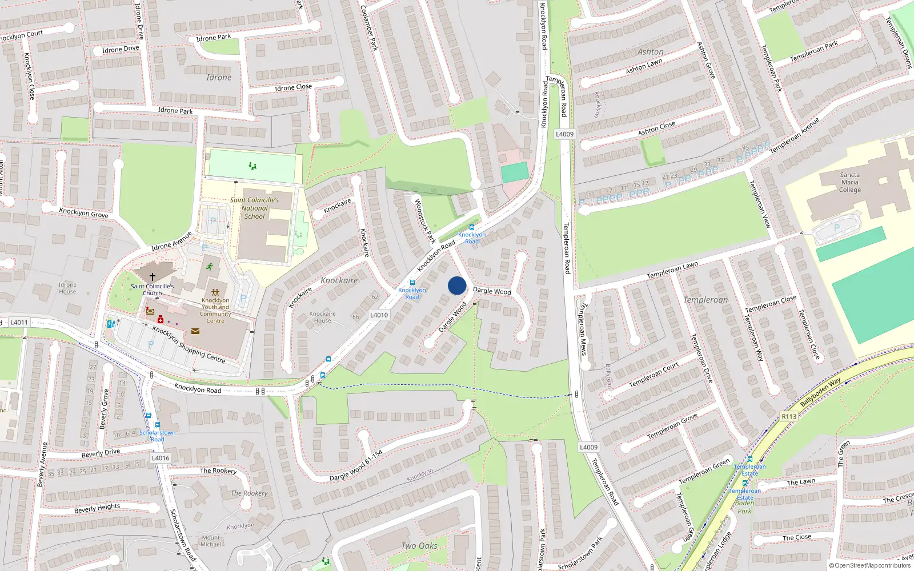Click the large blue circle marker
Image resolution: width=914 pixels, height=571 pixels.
457,285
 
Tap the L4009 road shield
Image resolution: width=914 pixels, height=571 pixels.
564,134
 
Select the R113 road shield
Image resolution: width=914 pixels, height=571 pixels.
789,416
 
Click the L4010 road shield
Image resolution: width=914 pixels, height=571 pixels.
379,315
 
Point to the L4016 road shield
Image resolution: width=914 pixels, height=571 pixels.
161,458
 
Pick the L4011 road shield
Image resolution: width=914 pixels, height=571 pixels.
19,323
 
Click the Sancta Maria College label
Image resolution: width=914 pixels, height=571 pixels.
849,183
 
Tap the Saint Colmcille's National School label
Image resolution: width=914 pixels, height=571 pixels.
255,208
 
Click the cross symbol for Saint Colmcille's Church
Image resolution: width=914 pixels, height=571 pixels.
153,277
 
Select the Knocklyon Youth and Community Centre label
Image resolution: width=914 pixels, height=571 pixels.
215,310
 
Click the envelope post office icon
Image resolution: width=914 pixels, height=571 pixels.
195,331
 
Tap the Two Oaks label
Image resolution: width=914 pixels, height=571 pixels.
419,546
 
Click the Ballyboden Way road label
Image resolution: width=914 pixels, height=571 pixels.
820,392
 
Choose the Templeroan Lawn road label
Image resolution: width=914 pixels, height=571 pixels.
672,270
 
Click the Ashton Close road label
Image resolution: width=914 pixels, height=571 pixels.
656,128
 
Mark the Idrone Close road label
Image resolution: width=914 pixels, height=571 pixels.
293,87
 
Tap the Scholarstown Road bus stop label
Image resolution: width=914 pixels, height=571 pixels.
157,436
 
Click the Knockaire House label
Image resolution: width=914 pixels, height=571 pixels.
322,317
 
